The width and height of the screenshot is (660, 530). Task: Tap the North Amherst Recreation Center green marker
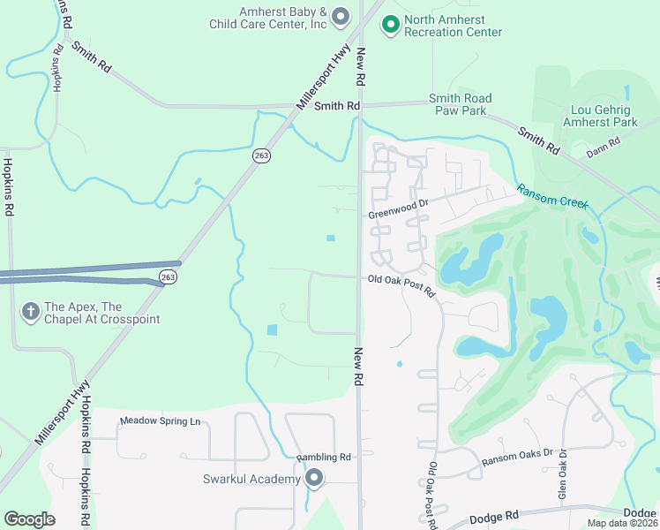[390, 25]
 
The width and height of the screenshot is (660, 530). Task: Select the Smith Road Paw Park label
[460, 104]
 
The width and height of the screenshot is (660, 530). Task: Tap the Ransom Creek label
[552, 196]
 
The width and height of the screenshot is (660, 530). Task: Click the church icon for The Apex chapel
[31, 311]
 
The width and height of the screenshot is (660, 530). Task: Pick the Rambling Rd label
[324, 457]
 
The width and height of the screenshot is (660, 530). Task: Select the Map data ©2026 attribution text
[623, 523]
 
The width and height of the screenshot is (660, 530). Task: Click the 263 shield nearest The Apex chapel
[167, 277]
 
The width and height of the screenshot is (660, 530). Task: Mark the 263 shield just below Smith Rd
[261, 155]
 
